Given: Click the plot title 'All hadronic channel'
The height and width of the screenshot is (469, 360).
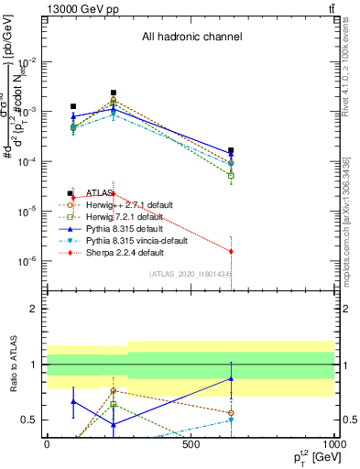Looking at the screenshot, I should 191,37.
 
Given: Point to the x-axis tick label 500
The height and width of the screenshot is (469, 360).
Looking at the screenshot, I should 191,444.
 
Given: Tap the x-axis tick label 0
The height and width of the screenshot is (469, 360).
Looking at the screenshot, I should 47,444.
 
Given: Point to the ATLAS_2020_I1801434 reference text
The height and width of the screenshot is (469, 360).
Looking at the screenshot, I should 191,274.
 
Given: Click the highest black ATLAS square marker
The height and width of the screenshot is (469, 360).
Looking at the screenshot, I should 113,93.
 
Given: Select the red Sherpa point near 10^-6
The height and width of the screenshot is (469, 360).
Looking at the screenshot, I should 231,251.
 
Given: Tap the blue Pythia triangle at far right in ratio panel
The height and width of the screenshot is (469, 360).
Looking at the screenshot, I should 231,378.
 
